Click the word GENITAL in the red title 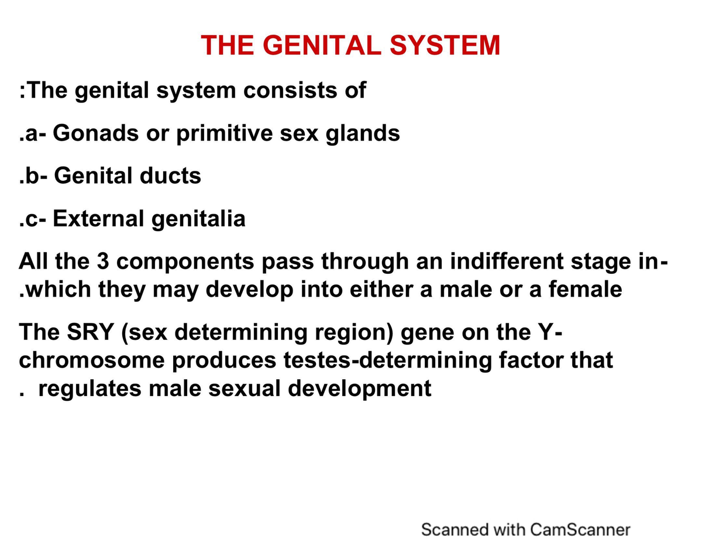coord(316,45)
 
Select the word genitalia coord(199,219)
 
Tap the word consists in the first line coord(285,90)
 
